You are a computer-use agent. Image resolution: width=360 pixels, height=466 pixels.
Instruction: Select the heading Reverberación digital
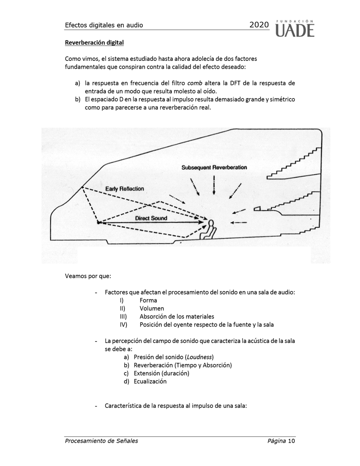click(94, 43)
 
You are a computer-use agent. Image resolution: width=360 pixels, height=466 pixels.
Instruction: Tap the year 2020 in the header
click(259, 25)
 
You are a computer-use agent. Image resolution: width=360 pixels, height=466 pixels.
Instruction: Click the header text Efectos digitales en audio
click(104, 25)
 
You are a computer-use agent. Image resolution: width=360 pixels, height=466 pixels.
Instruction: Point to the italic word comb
click(195, 83)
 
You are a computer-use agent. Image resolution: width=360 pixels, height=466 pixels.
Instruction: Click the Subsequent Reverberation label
click(214, 168)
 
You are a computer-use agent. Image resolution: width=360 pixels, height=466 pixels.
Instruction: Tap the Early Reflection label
click(125, 189)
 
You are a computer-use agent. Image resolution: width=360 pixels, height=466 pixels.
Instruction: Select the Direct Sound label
click(151, 218)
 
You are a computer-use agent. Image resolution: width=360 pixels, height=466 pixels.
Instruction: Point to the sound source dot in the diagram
click(98, 223)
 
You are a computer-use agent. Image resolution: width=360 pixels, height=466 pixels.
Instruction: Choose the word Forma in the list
click(148, 300)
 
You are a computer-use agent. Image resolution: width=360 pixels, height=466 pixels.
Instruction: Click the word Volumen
click(152, 309)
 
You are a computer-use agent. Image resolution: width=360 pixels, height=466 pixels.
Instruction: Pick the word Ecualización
click(150, 381)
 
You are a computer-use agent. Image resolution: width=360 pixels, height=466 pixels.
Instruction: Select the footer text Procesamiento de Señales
click(101, 441)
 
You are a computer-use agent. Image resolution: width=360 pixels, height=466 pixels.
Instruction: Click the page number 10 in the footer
click(291, 441)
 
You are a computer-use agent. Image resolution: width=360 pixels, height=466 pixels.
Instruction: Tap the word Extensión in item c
click(148, 373)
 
